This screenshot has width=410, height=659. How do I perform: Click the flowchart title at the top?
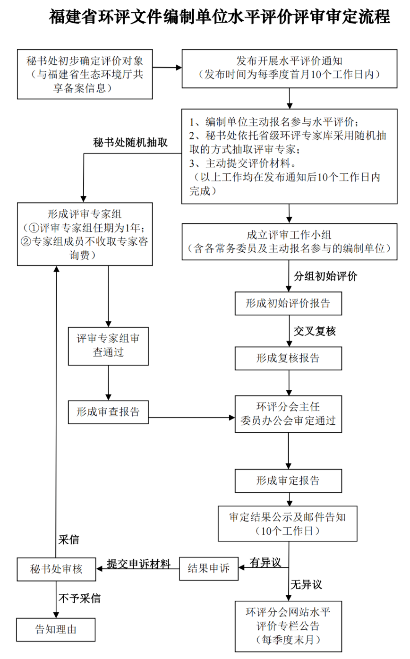coord(219,17)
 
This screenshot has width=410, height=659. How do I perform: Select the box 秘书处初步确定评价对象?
coord(85,74)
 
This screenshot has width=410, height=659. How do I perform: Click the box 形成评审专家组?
coord(85,234)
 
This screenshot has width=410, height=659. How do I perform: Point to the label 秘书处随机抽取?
coord(130,143)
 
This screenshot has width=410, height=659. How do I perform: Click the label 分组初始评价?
coord(325,276)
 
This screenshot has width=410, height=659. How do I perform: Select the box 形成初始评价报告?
coord(288,303)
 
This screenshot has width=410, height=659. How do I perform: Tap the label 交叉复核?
coord(315,331)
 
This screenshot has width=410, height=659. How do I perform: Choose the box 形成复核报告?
coord(288,358)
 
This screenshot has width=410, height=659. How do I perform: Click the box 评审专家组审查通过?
coord(108,345)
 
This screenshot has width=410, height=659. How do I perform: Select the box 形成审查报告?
coord(108,411)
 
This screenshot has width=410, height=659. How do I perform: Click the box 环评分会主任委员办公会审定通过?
coord(288,413)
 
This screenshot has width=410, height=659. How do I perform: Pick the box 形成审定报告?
coord(288,481)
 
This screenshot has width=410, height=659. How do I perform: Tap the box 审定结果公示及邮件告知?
coord(288,523)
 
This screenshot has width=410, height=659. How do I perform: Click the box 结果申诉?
coord(209,568)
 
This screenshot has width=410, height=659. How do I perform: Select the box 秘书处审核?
coord(56,569)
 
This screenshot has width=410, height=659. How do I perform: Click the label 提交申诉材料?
coord(138,563)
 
